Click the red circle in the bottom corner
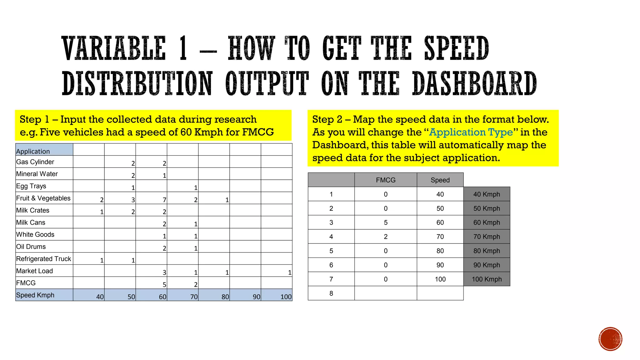click(610, 339)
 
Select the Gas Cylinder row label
click(35, 162)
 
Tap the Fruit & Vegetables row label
click(43, 198)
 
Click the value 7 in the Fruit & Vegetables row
click(164, 200)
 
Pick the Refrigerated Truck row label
click(43, 259)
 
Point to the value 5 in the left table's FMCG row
click(164, 284)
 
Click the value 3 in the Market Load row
click(164, 272)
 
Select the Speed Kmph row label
click(35, 295)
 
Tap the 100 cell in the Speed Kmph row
click(286, 297)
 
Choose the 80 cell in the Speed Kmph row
click(225, 297)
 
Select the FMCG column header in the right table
click(386, 180)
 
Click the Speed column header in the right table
click(440, 180)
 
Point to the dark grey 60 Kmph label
click(487, 222)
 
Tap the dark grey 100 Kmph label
click(487, 279)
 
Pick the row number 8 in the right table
click(331, 293)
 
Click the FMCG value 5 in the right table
click(386, 222)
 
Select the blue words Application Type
click(471, 132)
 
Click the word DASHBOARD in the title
click(474, 83)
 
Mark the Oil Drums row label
click(31, 247)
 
